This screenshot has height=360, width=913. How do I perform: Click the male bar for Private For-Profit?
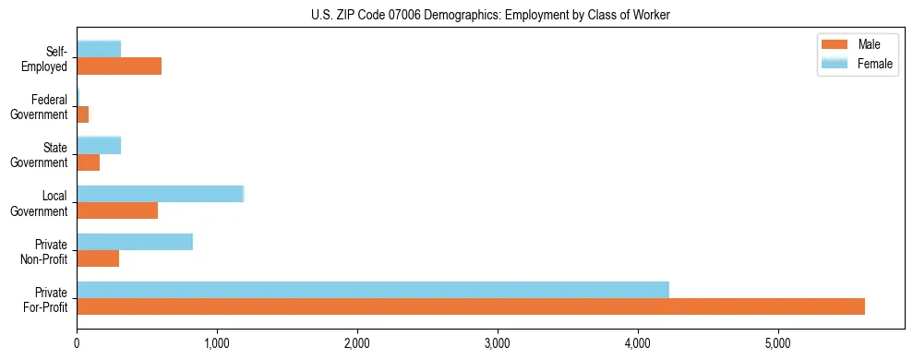click(471, 306)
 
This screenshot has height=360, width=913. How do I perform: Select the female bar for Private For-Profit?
click(373, 290)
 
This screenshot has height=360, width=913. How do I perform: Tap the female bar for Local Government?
click(160, 193)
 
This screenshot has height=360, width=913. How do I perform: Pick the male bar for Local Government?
click(117, 210)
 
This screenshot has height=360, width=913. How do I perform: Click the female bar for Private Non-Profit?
click(135, 242)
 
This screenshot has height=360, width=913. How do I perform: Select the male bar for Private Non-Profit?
click(98, 258)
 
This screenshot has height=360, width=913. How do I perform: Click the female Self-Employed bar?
click(99, 49)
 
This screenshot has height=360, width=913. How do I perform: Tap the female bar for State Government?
click(99, 145)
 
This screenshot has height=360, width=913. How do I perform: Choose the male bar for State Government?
click(88, 162)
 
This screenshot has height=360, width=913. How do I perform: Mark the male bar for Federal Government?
click(82, 114)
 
